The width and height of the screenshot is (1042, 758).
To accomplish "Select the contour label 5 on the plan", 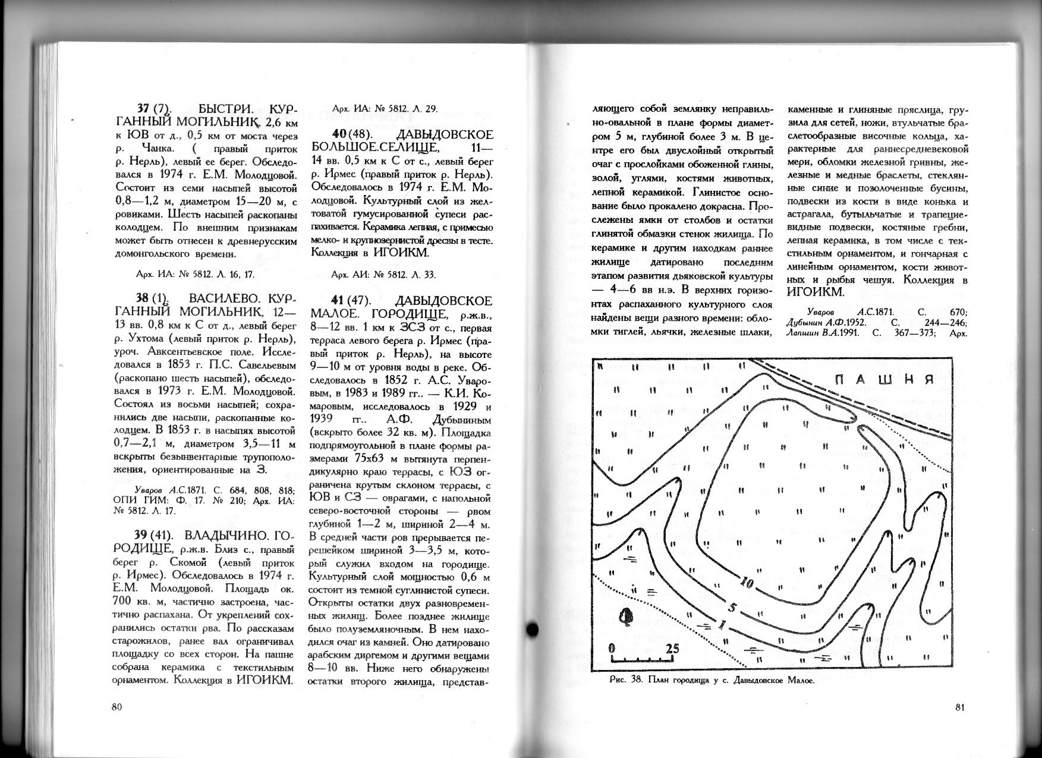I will click(x=732, y=607).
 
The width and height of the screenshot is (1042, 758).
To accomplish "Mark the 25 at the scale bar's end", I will click(x=672, y=648).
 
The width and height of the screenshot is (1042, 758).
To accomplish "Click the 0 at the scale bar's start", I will click(x=612, y=648).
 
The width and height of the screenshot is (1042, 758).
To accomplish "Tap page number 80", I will click(x=117, y=707).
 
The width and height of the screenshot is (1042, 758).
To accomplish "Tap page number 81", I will click(x=959, y=707).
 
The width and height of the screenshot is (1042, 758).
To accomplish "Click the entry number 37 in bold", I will click(x=143, y=109).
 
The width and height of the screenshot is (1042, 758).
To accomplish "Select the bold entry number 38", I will click(x=143, y=298).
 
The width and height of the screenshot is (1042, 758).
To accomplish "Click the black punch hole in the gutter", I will click(x=533, y=628).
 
